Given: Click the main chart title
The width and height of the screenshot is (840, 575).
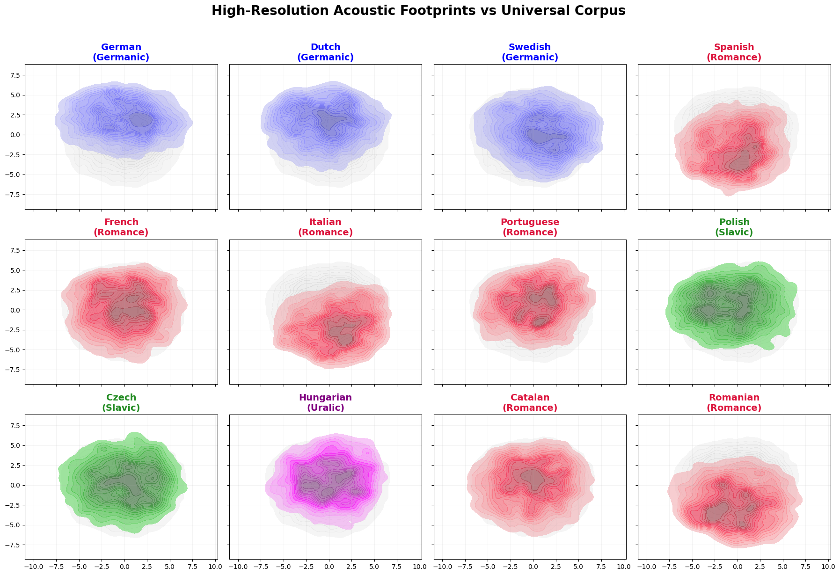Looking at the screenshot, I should coord(418,11).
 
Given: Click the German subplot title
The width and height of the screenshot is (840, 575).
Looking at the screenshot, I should coord(121,52).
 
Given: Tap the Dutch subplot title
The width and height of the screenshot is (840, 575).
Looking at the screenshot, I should coord(325,52).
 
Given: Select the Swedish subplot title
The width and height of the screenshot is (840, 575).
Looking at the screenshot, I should coord(530,52).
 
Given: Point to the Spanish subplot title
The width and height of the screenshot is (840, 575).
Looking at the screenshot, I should coord(734,52).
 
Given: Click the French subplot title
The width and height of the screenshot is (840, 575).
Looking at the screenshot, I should coord(121,227).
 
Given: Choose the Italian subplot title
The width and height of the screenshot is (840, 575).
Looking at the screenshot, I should coord(325,227).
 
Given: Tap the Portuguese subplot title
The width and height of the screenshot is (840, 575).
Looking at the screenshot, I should coord(530,227).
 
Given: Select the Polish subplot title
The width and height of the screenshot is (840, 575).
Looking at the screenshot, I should coord(734,227).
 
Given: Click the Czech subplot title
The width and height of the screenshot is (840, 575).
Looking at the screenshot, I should coord(121,402).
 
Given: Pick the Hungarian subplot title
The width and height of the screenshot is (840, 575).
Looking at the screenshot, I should coord(325,402).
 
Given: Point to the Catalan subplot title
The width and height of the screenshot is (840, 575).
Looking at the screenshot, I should coord(530,402).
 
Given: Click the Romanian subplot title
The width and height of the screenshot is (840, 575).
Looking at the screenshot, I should coord(734,402).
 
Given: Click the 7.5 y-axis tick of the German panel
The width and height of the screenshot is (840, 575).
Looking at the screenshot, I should coord(15,75).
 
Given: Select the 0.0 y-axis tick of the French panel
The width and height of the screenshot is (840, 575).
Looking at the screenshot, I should coord(15,310).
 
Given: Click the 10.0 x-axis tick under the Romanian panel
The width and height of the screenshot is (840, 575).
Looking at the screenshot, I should coord(828,567).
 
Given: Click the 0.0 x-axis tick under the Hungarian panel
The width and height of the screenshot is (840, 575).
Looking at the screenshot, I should coord(329,567).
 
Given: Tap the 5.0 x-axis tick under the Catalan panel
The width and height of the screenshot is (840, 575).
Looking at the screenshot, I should coord(578,567).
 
